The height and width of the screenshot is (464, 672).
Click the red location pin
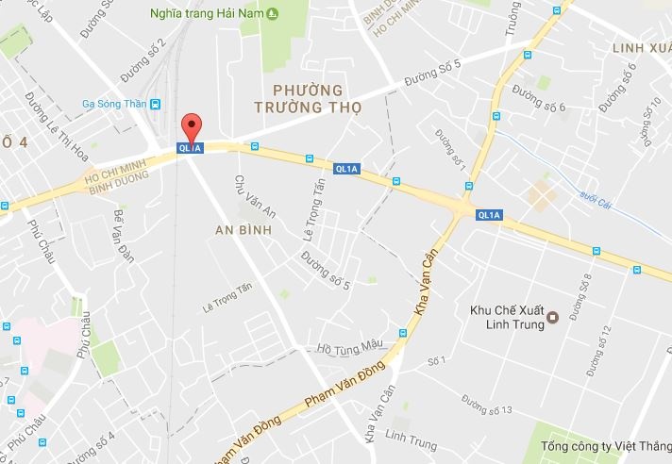[192, 126]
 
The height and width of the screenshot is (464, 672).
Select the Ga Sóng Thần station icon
[155, 106]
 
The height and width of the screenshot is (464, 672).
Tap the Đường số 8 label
[588, 290]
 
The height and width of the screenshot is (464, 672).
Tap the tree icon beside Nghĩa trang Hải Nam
[273, 12]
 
